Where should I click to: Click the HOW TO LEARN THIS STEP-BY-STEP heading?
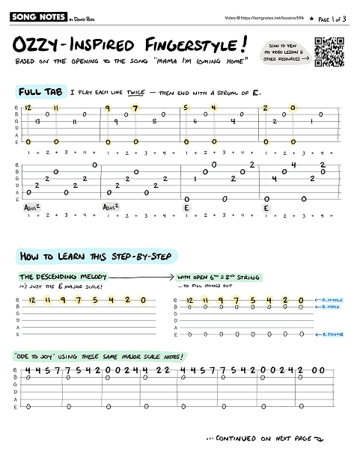(x=96, y=257)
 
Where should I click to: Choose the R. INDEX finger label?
(x=328, y=307)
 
